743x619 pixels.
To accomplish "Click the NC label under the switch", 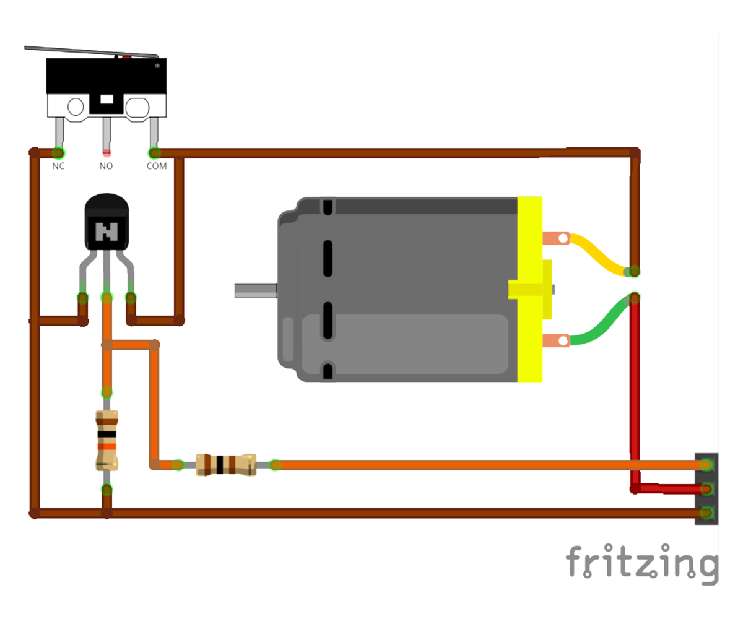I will coord(58,166).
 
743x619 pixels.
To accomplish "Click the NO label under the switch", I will coord(106,166).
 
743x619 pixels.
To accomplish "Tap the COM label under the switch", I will coord(156,166).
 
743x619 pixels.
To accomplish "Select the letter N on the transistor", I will coord(106,232).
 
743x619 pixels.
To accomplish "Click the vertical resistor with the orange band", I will coord(106,440).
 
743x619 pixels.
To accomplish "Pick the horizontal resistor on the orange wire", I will coord(226,464).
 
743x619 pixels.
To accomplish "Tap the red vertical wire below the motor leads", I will coord(635,384).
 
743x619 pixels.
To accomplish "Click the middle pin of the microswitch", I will coord(106,133).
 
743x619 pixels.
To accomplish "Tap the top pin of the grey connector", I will coord(706,464).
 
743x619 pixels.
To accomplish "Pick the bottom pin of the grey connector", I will coord(706,513).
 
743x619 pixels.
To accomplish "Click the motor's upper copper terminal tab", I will coord(555,238).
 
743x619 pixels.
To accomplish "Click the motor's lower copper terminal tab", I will coord(555,340).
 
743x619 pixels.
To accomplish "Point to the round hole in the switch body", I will coord(76,106).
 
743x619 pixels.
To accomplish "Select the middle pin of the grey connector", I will coord(706,489).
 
